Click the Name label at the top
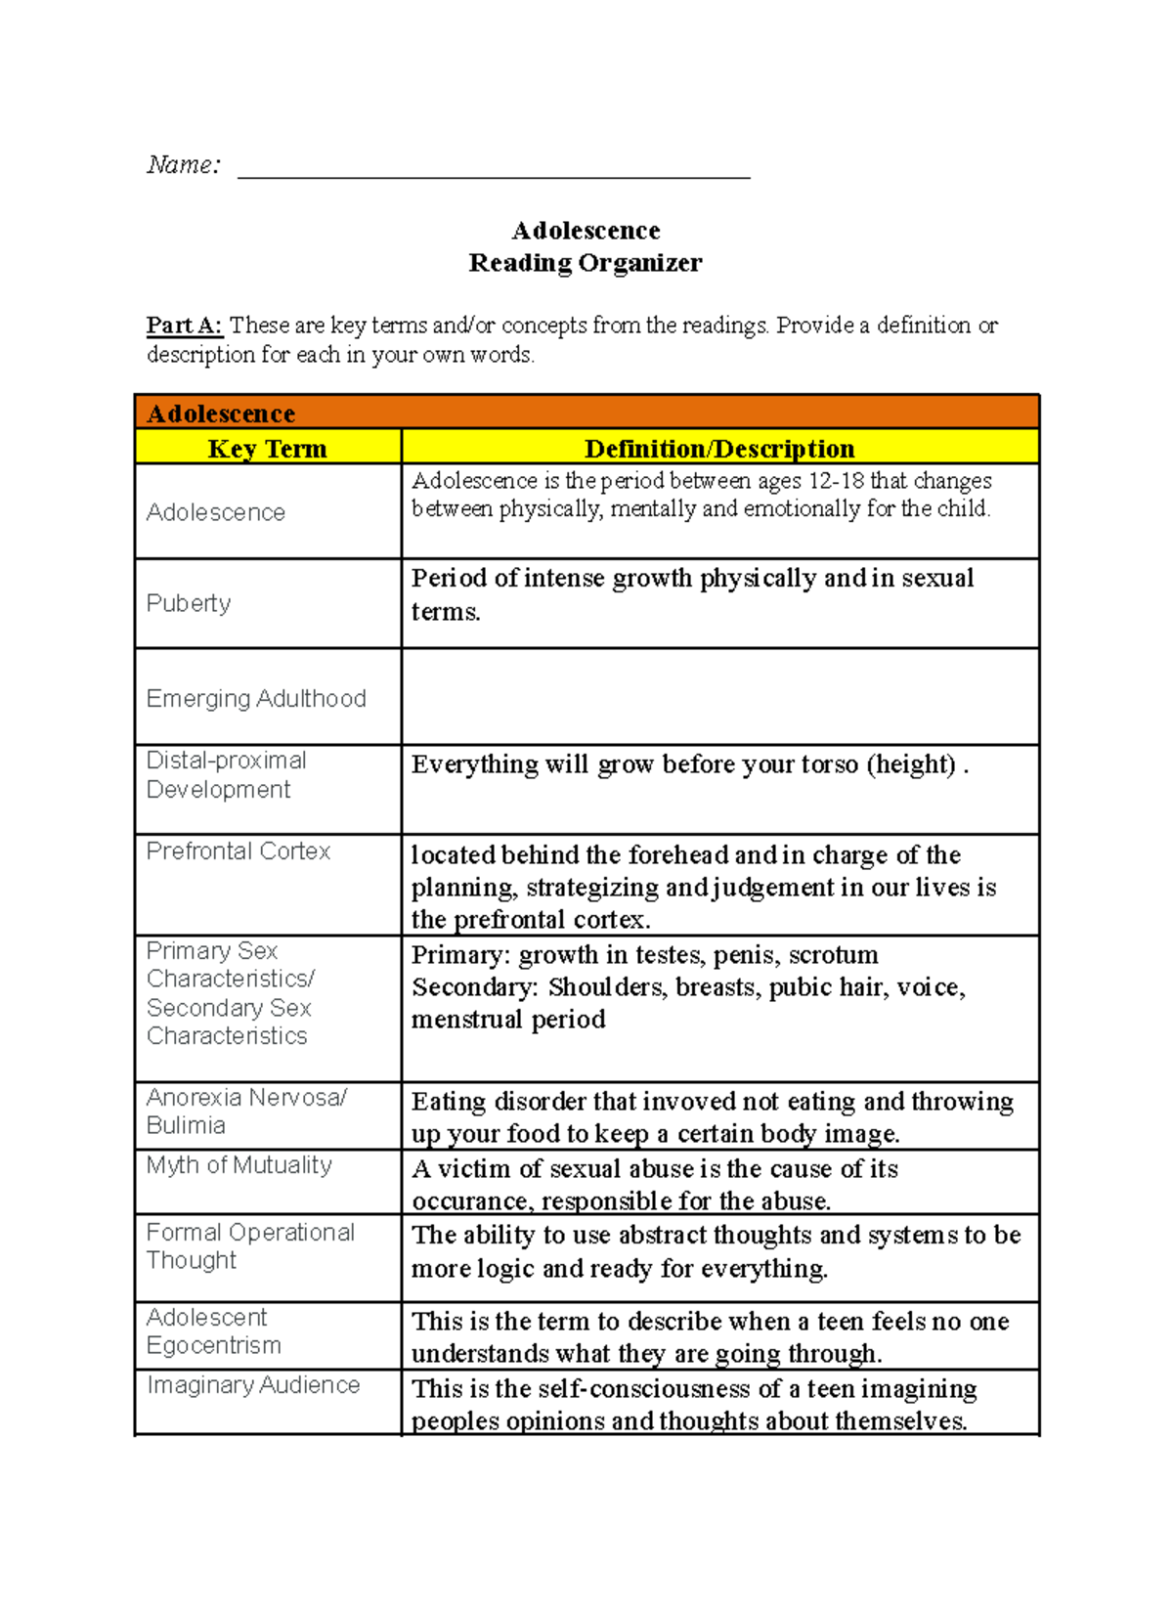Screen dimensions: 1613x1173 click(184, 165)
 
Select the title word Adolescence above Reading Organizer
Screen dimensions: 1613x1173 click(586, 231)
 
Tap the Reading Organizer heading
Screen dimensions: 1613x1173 click(585, 263)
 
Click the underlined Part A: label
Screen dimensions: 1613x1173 click(184, 326)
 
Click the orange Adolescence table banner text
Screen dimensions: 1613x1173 click(221, 414)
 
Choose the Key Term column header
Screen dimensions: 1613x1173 click(267, 449)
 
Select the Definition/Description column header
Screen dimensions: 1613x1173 click(719, 449)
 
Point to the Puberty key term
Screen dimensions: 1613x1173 click(189, 603)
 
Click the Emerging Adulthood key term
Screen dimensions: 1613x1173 click(256, 699)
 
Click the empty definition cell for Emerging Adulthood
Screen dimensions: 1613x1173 click(719, 697)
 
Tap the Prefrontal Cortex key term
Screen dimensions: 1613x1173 click(239, 851)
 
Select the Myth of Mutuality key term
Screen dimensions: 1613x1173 click(239, 1165)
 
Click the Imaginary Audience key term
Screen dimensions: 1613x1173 click(253, 1385)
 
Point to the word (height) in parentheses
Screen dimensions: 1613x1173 click(910, 764)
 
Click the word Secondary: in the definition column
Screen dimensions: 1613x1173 click(474, 987)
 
